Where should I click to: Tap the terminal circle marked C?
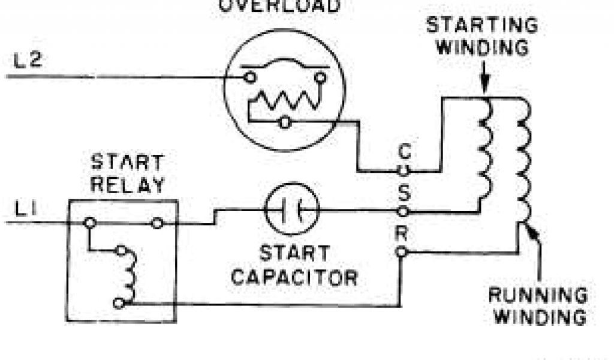pyautogui.click(x=404, y=170)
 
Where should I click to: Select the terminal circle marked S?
pyautogui.click(x=404, y=211)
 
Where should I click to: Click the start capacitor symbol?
pyautogui.click(x=292, y=209)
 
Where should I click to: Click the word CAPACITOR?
pyautogui.click(x=294, y=277)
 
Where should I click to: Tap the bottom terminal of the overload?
pyautogui.click(x=285, y=123)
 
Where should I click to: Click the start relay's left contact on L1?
pyautogui.click(x=90, y=223)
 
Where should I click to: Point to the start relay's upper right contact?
pyautogui.click(x=157, y=223)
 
